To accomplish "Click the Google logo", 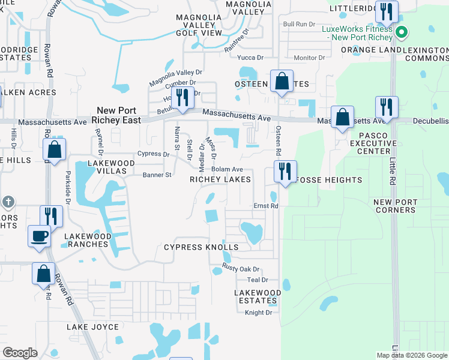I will click(x=20, y=352).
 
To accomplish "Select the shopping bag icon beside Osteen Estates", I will click(x=282, y=81).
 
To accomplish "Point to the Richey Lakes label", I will click(x=220, y=179).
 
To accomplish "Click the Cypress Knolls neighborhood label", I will click(x=201, y=247).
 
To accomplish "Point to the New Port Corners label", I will click(x=395, y=206).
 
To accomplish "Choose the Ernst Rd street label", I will click(x=265, y=206).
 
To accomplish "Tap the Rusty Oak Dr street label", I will click(x=240, y=269).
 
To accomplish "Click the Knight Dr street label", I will click(x=259, y=313).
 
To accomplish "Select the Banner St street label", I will click(x=157, y=175).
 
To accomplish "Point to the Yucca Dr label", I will click(x=251, y=58).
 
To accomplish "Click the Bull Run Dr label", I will click(x=299, y=24).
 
